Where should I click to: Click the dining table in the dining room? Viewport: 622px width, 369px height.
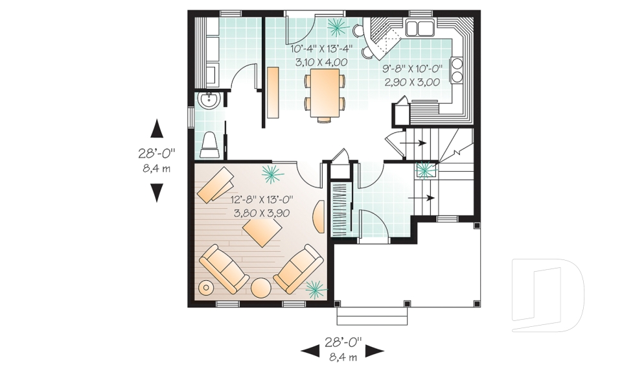coord(324,94)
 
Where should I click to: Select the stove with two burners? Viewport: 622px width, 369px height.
coord(457,70)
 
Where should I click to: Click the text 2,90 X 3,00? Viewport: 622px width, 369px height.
coord(412,82)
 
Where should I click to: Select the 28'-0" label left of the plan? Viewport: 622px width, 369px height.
coord(156,154)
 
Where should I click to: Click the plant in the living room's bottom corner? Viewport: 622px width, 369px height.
coord(316,287)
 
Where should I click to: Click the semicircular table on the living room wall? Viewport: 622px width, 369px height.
coord(319,216)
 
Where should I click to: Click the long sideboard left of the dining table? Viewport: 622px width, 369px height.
coord(273,92)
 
